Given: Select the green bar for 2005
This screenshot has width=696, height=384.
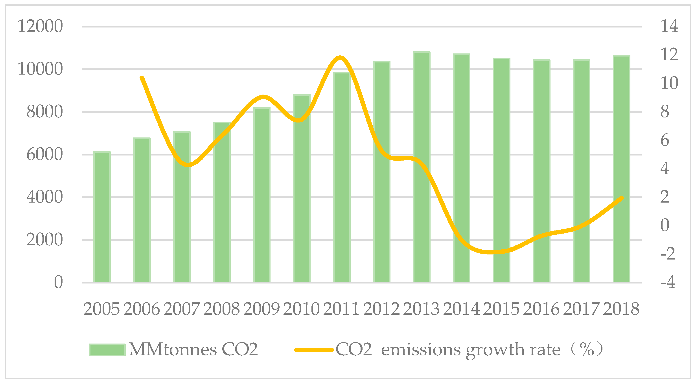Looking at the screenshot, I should coord(102,217).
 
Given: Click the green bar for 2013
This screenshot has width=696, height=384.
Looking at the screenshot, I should coord(422,167).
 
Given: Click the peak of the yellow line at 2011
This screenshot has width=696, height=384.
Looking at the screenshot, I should coord(340,58).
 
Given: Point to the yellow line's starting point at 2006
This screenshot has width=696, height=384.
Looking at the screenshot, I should coord(142,78).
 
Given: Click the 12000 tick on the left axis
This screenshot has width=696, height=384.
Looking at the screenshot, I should coord(40,26).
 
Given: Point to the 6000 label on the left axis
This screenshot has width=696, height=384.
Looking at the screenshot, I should coord(45,155).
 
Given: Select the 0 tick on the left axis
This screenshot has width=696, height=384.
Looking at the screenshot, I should coord(58,282).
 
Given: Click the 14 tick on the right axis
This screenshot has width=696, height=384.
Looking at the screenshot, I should coord(669,26).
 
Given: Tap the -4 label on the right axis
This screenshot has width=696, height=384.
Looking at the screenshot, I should coord(668,282).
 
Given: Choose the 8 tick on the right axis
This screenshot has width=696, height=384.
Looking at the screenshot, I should coord(665,112).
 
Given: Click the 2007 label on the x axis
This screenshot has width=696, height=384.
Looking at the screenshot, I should coord(182,309).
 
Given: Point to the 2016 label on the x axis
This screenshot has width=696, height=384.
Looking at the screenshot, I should coord(541,309).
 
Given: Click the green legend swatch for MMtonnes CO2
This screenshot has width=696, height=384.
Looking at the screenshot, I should coord(107,350).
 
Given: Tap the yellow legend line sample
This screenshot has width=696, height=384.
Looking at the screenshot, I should coord(314,350).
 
